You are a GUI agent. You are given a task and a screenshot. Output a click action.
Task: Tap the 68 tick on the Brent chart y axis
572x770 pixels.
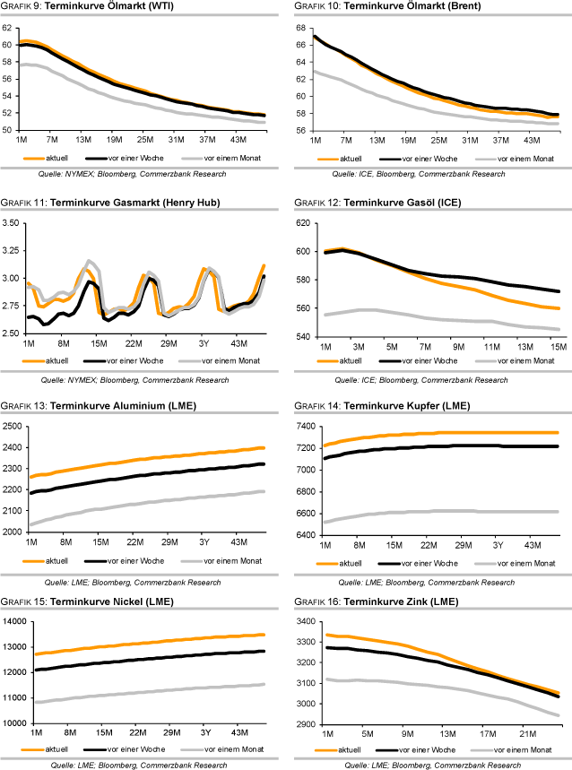coord(301,28)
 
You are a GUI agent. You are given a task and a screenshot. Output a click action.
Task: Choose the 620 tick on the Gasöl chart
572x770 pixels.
coord(303,222)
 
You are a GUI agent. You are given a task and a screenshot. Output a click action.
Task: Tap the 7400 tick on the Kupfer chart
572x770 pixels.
coord(305,424)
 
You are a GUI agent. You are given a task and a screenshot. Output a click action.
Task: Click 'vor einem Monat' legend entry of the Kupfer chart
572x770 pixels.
coord(521,561)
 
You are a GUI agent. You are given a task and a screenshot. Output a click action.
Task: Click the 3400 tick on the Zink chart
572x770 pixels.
coord(305,621)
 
